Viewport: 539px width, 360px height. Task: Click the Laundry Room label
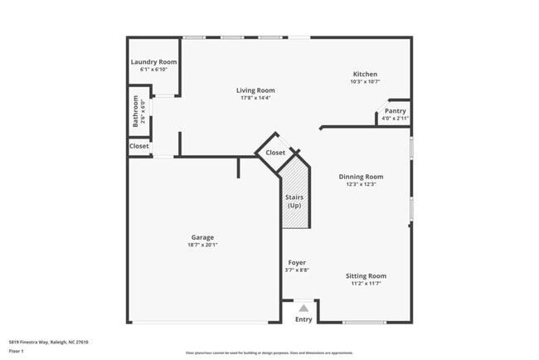click(x=153, y=62)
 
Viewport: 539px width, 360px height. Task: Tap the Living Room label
click(x=255, y=90)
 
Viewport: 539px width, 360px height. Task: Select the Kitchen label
click(x=365, y=74)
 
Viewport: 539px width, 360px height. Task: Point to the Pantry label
click(x=395, y=111)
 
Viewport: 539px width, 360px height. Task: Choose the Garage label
click(x=202, y=237)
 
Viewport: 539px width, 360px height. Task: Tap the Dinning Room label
click(x=362, y=177)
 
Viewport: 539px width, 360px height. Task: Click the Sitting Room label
click(x=366, y=275)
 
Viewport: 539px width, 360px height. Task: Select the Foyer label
click(x=297, y=263)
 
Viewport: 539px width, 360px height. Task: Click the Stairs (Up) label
click(x=294, y=201)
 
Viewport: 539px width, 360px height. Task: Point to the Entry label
click(x=303, y=319)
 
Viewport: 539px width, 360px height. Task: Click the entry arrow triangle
click(x=303, y=308)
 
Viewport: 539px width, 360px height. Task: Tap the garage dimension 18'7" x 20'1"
click(x=202, y=245)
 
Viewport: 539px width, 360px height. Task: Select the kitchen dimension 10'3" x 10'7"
click(x=365, y=81)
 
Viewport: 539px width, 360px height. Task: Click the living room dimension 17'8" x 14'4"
click(x=255, y=98)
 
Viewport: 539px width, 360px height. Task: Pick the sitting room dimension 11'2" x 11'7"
click(x=366, y=283)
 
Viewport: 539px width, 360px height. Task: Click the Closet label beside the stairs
click(x=275, y=153)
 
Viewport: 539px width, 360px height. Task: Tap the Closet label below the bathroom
click(x=139, y=146)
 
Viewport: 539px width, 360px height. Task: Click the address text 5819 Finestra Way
click(x=48, y=342)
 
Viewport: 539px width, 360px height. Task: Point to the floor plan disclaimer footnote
click(x=269, y=353)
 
